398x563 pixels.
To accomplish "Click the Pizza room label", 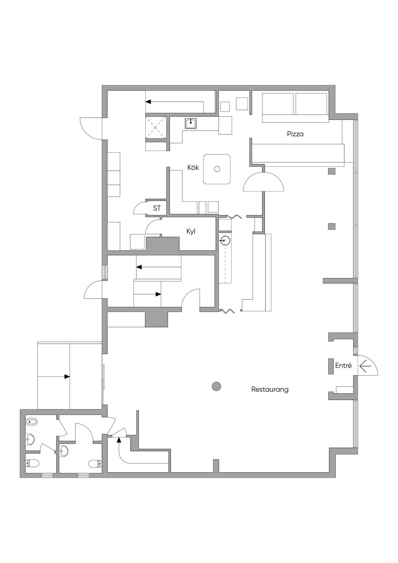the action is coord(295,134).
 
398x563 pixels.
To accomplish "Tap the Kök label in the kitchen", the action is coord(193,168).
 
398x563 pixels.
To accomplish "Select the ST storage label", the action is coord(157,208).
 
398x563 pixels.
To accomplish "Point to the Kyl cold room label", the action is coord(191,231).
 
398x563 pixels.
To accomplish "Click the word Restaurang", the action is coord(270,389).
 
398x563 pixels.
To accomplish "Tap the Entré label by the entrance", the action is coord(343,365).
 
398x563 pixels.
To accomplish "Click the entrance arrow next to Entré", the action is coord(365,366).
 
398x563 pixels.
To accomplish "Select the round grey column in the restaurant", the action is coord(216,386).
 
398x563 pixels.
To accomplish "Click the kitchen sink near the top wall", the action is coord(191,123).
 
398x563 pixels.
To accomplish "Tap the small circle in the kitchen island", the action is coord(217,169).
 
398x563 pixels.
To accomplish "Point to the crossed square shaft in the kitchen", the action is coord(156,128).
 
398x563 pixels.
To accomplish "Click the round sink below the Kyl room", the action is coord(224,241).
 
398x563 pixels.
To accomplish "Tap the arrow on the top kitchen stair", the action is coord(175,102).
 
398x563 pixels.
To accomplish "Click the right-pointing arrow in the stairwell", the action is coord(147,294).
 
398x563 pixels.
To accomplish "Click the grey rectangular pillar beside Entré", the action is coord(331,366).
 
